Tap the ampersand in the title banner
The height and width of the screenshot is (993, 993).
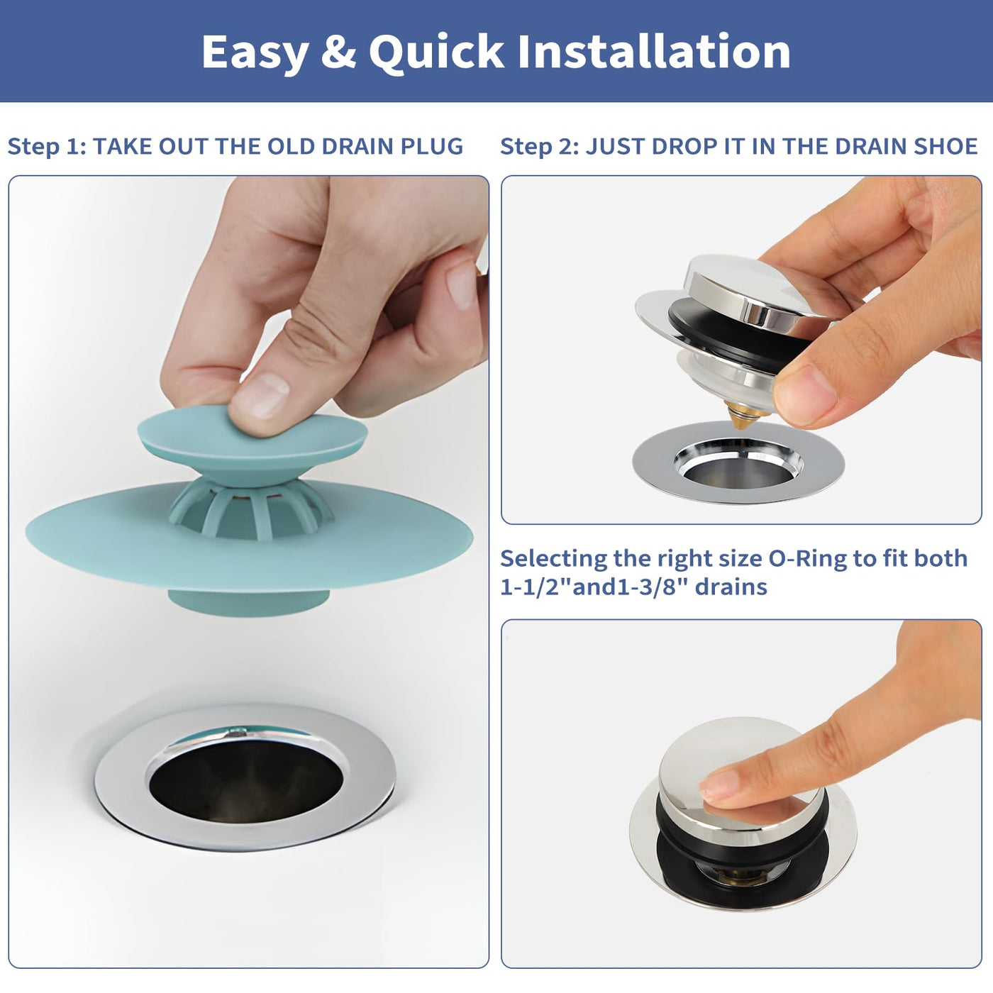pyautogui.click(x=338, y=52)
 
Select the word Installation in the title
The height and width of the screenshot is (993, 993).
pyautogui.click(x=654, y=51)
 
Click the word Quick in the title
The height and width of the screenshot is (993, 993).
pyautogui.click(x=437, y=52)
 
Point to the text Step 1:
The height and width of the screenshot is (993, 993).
pyautogui.click(x=47, y=147)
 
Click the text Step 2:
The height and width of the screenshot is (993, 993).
pyautogui.click(x=540, y=147)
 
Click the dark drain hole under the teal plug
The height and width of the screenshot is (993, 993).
pyautogui.click(x=246, y=789)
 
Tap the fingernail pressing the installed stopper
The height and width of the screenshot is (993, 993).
pyautogui.click(x=719, y=783)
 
